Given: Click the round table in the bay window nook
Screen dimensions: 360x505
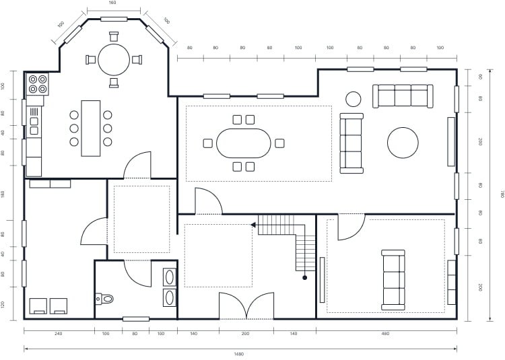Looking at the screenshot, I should pyautogui.click(x=114, y=59).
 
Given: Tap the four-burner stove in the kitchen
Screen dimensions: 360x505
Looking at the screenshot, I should pyautogui.click(x=37, y=84).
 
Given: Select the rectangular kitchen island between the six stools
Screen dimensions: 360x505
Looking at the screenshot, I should pyautogui.click(x=90, y=128).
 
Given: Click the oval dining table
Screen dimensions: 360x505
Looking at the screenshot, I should pyautogui.click(x=243, y=143).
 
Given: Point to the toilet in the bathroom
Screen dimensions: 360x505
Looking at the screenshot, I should pyautogui.click(x=105, y=298).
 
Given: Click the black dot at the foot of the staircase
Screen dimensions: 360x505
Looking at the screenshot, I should pyautogui.click(x=304, y=277).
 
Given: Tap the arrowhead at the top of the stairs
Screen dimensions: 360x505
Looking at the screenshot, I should pyautogui.click(x=254, y=225).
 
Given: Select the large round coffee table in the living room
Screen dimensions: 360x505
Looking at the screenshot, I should pyautogui.click(x=403, y=143).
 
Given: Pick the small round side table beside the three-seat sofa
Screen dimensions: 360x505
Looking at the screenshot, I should pyautogui.click(x=353, y=99).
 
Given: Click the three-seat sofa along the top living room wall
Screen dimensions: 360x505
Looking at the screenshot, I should pyautogui.click(x=402, y=96).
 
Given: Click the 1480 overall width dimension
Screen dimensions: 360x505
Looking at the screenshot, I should pyautogui.click(x=239, y=354).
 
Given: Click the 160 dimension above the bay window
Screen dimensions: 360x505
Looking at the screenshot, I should pyautogui.click(x=113, y=3).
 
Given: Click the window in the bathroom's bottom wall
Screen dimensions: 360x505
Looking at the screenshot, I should pyautogui.click(x=135, y=318).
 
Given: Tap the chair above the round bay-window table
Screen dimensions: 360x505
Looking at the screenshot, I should pyautogui.click(x=114, y=36).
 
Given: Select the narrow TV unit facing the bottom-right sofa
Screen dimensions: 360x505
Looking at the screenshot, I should pyautogui.click(x=322, y=280).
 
